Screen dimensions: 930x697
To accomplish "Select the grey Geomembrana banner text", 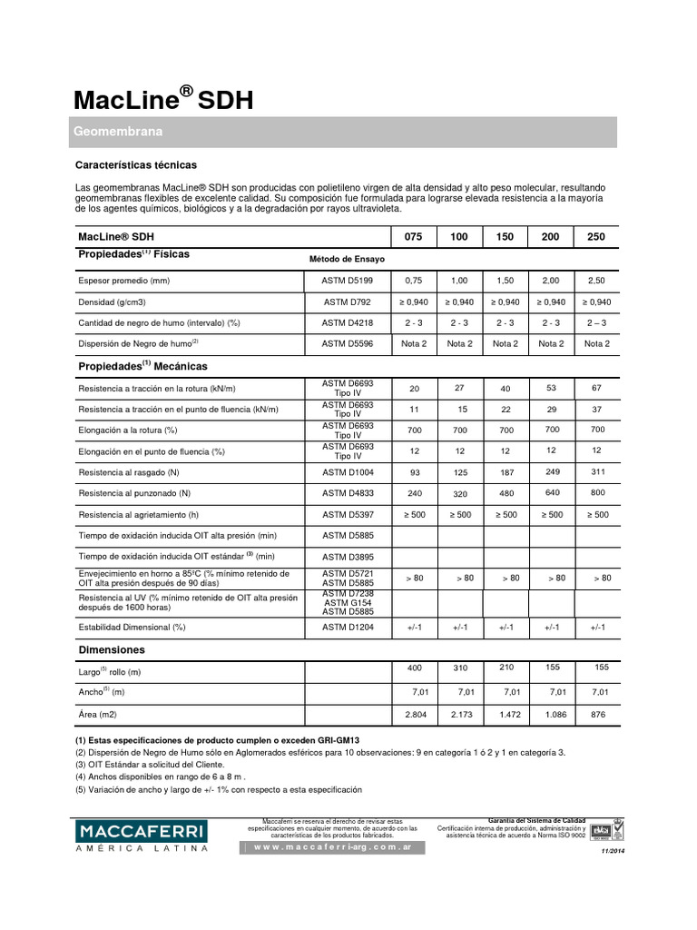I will coord(118,133).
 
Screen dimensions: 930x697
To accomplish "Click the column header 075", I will coord(413,236).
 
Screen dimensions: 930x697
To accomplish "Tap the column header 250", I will coord(596,236).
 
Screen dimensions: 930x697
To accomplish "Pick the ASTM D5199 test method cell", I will coord(348,281).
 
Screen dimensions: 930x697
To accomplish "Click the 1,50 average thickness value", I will coord(506,281).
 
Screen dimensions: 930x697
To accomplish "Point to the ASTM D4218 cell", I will coord(348,322).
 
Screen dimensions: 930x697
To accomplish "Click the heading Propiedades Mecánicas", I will coord(143,366).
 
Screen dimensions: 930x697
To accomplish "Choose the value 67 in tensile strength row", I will coord(596,388).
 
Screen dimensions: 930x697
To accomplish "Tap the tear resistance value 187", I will coord(506,471).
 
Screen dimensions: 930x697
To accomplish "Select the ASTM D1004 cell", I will coord(348,472).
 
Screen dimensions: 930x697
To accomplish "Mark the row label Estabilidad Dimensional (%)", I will coord(133,627).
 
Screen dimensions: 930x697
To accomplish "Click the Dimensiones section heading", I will coord(112,650).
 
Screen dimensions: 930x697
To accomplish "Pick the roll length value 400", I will coord(414,668).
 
